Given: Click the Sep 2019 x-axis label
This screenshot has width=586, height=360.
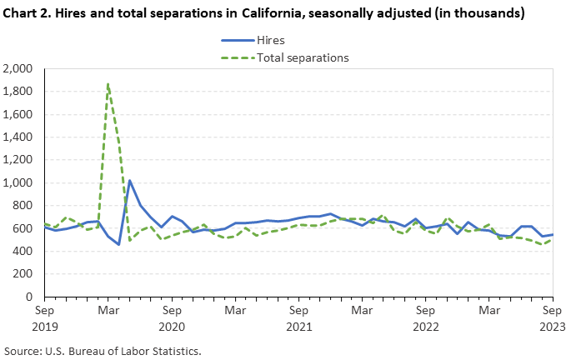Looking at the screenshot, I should pyautogui.click(x=45, y=317).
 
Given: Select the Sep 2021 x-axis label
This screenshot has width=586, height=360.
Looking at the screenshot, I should pyautogui.click(x=298, y=317).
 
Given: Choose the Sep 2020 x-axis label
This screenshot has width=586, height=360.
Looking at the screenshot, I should pyautogui.click(x=172, y=317).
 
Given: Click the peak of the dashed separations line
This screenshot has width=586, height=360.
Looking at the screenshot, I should pyautogui.click(x=108, y=83).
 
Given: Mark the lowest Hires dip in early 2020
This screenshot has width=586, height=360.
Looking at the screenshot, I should pyautogui.click(x=118, y=244).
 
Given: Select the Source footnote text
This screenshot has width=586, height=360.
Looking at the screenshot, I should pyautogui.click(x=103, y=350).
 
